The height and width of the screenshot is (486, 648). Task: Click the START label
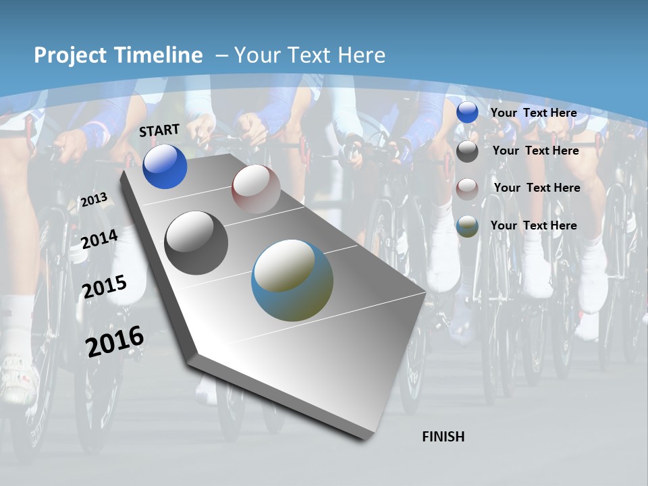(x=159, y=130)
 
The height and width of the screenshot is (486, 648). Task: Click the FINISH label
(x=443, y=437)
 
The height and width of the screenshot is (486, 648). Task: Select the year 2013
(x=94, y=200)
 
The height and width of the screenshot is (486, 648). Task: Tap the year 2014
(x=100, y=239)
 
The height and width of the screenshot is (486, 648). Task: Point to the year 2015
(x=105, y=287)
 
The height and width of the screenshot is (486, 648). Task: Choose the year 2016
(x=115, y=342)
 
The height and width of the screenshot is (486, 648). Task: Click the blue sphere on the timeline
(x=165, y=167)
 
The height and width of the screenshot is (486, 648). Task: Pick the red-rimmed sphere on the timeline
(x=256, y=189)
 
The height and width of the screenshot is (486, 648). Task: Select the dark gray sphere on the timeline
(x=196, y=243)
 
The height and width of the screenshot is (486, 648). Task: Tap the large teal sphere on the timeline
(x=292, y=280)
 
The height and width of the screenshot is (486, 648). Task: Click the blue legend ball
(x=467, y=113)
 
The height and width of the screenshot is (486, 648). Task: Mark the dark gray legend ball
(x=467, y=151)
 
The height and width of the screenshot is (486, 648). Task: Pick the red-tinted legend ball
(x=467, y=189)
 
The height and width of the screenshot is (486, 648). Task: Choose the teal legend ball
(x=467, y=227)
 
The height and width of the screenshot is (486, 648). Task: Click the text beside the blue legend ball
(x=534, y=113)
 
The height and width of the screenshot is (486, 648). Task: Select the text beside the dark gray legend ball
(x=536, y=151)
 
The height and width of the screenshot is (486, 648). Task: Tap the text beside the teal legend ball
(x=534, y=225)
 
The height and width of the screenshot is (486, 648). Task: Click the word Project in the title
(x=69, y=55)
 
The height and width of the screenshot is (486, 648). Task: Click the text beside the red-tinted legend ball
(x=537, y=188)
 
